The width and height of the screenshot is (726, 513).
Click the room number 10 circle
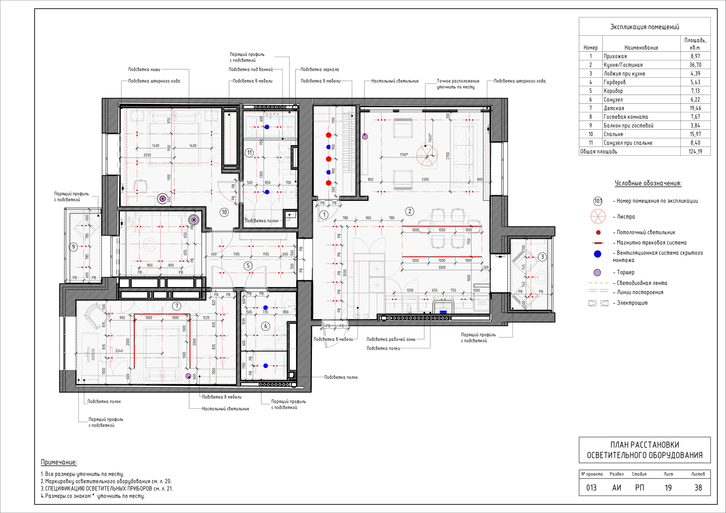224,212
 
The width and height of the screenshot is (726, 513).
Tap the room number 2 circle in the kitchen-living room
410,211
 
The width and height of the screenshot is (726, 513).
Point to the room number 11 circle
250,153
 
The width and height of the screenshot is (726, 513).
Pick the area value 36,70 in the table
695,65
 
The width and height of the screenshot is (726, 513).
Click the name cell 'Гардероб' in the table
614,82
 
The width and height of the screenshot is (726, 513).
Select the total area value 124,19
695,151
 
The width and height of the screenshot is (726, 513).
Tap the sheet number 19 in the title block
668,488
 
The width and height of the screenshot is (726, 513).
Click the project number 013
591,488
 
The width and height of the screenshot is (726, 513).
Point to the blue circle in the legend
597,254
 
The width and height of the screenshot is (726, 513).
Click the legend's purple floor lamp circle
597,272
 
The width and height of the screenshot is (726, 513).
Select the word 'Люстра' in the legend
626,217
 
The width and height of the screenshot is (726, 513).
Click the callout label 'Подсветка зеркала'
320,69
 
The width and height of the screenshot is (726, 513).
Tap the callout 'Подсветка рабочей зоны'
391,340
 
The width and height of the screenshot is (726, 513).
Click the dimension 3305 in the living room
425,179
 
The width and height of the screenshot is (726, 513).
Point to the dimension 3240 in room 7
119,351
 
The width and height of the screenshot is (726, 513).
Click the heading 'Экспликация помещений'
644,27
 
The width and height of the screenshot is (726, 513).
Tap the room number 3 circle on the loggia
542,257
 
